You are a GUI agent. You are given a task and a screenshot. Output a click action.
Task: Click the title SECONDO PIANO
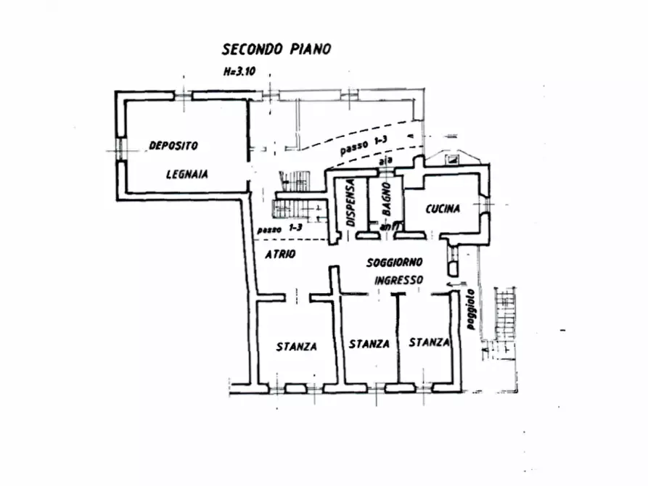tap(276, 49)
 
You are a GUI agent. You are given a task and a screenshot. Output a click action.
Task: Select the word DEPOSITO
tap(173, 145)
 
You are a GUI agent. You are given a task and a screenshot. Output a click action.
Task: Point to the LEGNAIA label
tap(186, 174)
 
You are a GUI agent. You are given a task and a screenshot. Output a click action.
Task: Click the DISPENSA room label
tap(351, 204)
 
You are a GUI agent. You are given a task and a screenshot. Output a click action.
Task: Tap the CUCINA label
tap(443, 209)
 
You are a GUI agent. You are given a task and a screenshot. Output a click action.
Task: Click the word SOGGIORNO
tap(395, 262)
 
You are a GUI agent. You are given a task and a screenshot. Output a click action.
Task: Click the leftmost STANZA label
tap(296, 347)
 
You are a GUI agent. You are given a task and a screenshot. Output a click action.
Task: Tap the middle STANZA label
tap(369, 344)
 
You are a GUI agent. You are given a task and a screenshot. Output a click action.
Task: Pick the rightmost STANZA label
tap(429, 342)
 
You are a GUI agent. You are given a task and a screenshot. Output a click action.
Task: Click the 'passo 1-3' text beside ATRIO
tap(279, 229)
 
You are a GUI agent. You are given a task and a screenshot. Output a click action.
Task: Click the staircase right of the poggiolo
tap(505, 312)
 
